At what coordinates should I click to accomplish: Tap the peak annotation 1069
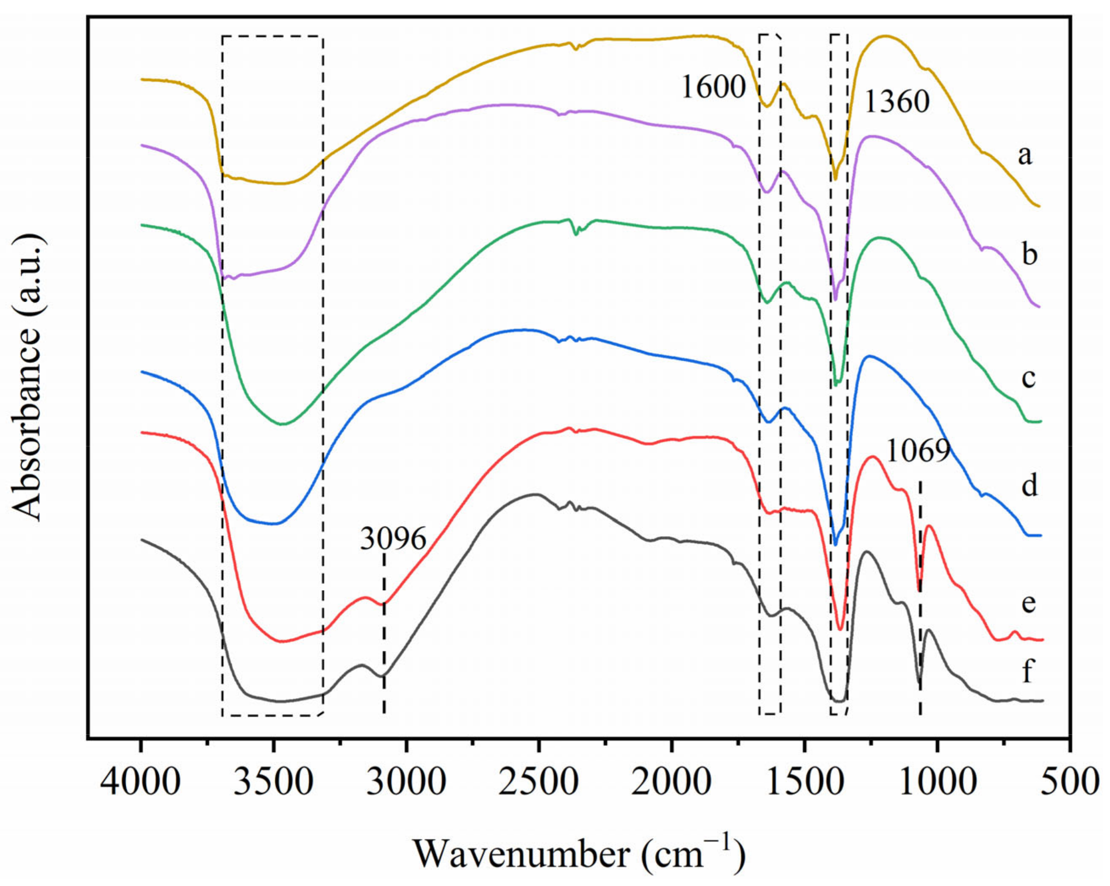pos(919,452)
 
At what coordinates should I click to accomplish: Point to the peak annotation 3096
pos(393,539)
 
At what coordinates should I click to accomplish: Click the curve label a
pos(1025,155)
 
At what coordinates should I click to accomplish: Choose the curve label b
pos(1029,254)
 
